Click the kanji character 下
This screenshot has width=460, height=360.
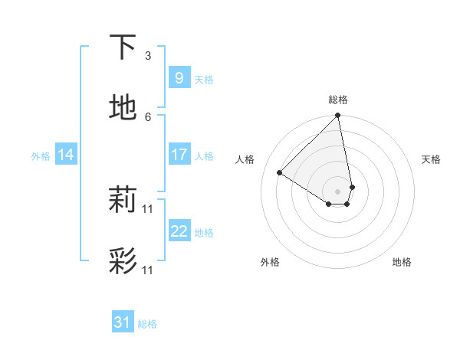(123, 47)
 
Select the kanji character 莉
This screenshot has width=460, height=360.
(123, 200)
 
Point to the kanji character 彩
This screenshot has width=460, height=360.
(123, 260)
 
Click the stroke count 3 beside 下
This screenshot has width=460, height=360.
(148, 56)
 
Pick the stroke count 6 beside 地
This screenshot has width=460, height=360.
(148, 116)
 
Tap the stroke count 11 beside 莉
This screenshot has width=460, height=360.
(148, 208)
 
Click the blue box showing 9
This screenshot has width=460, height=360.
(179, 78)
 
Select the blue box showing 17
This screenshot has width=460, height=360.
(179, 155)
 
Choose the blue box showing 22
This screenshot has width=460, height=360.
(179, 231)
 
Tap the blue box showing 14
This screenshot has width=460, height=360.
(66, 155)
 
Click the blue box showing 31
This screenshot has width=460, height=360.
(123, 322)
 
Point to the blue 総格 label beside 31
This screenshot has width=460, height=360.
(147, 324)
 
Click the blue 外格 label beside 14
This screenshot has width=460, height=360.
(41, 156)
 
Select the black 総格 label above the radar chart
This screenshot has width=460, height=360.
(338, 100)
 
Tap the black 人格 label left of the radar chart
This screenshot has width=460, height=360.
(245, 159)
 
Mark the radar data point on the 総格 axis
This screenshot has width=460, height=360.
(338, 116)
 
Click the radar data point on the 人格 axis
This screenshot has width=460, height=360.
(280, 173)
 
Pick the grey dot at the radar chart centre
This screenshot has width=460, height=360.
(338, 191)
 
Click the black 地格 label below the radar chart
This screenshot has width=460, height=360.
(402, 263)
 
